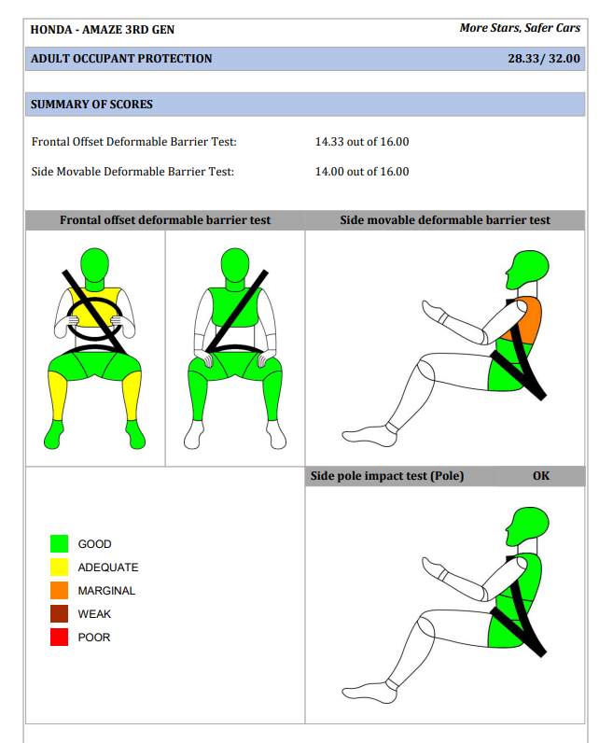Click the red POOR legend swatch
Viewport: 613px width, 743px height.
click(59, 637)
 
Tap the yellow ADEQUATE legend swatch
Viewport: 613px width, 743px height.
click(59, 568)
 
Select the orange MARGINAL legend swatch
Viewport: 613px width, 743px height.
click(59, 591)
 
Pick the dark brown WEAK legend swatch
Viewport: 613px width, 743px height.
click(59, 613)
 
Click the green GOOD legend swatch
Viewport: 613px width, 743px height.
click(59, 543)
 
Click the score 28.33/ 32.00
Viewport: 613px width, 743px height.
click(544, 58)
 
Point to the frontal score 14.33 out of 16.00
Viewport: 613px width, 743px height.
click(362, 142)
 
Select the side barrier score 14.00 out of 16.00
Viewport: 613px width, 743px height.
click(362, 172)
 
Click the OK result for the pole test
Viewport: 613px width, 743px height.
click(541, 476)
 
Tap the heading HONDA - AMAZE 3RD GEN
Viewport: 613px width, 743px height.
click(103, 29)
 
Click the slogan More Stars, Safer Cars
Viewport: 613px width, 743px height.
click(520, 28)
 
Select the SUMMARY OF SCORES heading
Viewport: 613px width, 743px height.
click(91, 105)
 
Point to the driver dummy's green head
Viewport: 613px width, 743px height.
click(95, 263)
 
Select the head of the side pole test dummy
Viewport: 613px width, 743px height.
click(527, 526)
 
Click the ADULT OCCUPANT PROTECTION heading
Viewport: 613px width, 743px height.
click(121, 59)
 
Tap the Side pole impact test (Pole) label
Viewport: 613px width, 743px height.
click(387, 476)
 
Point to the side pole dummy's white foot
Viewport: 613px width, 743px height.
click(369, 693)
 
